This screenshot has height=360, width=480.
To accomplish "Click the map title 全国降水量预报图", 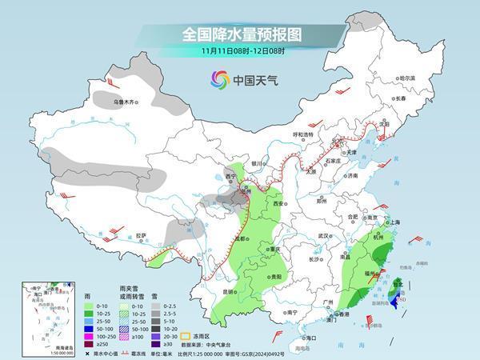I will point(240,35).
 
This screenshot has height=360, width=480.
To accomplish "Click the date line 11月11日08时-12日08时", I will point(240,52).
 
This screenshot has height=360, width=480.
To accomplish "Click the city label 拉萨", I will point(141,236).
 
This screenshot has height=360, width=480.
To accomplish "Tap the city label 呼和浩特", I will point(303,135).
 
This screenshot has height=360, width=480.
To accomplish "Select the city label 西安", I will point(279,205).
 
